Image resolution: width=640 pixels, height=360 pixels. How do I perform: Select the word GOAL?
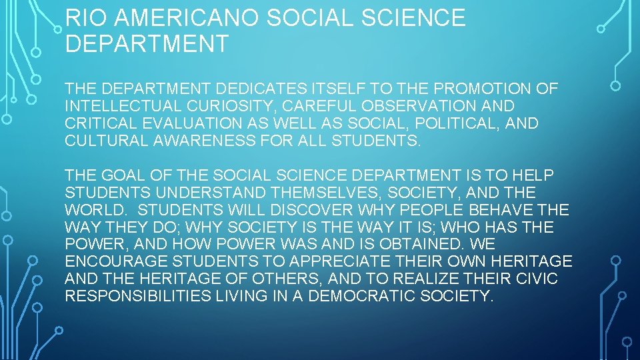123,175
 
